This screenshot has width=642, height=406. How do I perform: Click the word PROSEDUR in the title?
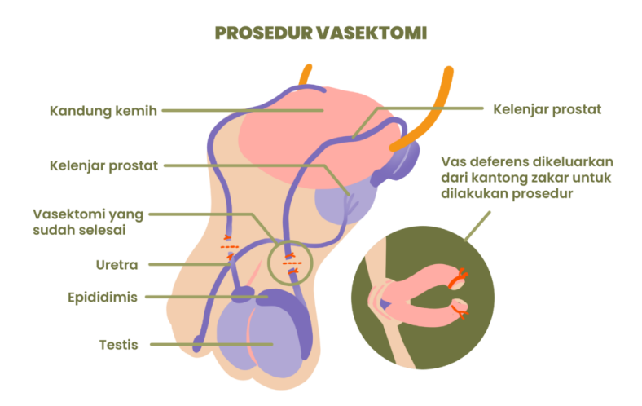pyautogui.click(x=264, y=33)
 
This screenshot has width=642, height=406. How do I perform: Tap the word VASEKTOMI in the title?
pyautogui.click(x=372, y=33)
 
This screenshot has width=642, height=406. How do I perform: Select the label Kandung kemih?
pyautogui.click(x=103, y=111)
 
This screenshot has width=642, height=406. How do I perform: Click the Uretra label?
pyautogui.click(x=117, y=265)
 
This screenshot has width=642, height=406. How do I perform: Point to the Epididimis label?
pyautogui.click(x=103, y=298)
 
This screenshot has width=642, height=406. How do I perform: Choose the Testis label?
pyautogui.click(x=118, y=345)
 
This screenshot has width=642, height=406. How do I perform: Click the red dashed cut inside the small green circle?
pyautogui.click(x=292, y=263)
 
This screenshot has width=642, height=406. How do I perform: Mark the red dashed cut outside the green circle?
pyautogui.click(x=230, y=247)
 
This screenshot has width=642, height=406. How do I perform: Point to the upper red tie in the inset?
pyautogui.click(x=459, y=279)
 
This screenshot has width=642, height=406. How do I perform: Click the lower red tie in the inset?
pyautogui.click(x=460, y=311)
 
